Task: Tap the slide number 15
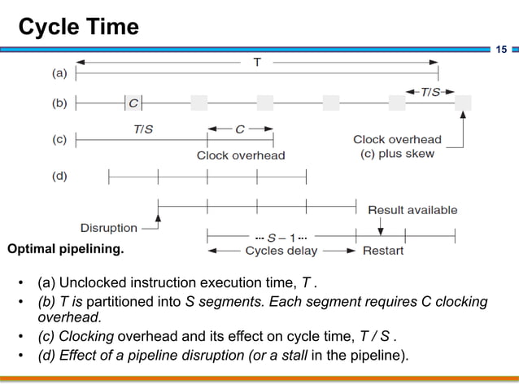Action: coord(502,50)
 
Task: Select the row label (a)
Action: coord(60,72)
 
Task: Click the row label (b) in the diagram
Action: coord(60,104)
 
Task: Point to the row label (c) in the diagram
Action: coord(60,139)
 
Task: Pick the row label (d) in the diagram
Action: coord(60,176)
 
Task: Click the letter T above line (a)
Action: coord(257,62)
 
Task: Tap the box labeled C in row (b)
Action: coord(133,103)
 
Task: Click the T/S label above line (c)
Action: coord(143,128)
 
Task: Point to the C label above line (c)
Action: coord(240,128)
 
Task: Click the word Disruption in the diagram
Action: coord(109,228)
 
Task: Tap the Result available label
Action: coord(412,210)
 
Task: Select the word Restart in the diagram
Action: coord(382,251)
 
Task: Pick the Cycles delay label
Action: coord(281,251)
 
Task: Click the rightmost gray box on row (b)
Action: coord(463,103)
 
